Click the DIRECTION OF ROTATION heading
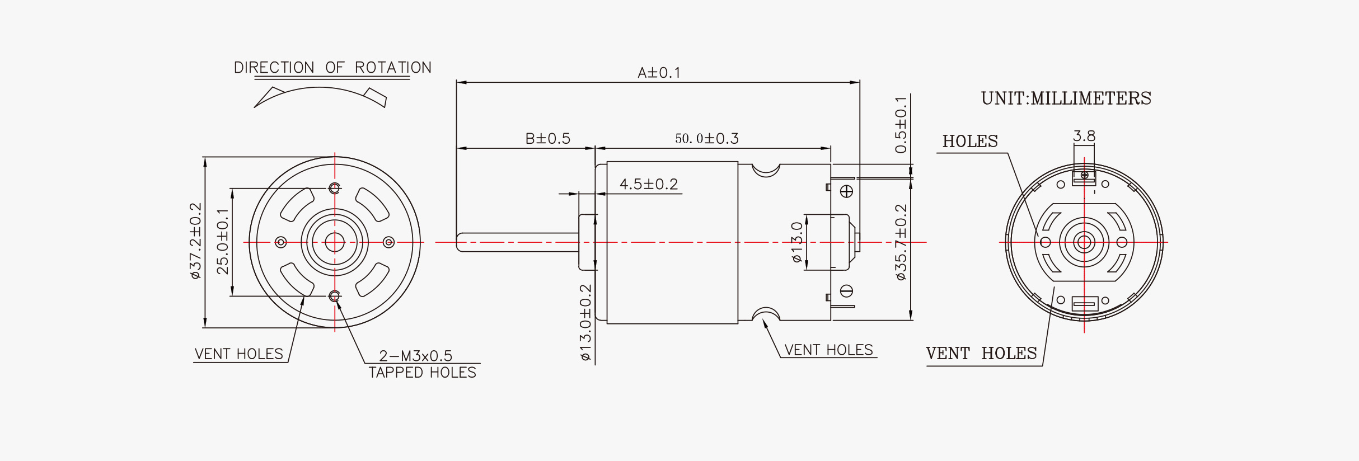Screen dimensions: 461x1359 coord(332,68)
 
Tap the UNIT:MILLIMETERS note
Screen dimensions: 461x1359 coord(1066,98)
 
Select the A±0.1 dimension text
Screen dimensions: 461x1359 coord(659,73)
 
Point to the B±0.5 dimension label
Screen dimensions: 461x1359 coord(547,139)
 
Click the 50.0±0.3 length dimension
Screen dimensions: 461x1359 coord(706,139)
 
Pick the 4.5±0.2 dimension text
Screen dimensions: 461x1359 coord(649,184)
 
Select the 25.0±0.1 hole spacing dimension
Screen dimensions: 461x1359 coord(223,241)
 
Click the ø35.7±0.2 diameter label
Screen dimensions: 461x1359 coord(901,242)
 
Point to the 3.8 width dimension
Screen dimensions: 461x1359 coord(1084,136)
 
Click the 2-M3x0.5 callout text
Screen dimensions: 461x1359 coord(415,356)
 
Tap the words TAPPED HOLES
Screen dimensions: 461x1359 coord(422,373)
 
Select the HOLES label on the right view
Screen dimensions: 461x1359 coord(969,141)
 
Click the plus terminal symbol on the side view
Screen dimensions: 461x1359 coord(846,191)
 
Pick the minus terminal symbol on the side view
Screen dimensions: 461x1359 coord(846,291)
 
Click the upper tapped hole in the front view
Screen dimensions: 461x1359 coord(335,188)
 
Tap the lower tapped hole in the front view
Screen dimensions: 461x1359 coord(335,296)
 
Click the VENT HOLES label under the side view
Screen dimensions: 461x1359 coord(828,350)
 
